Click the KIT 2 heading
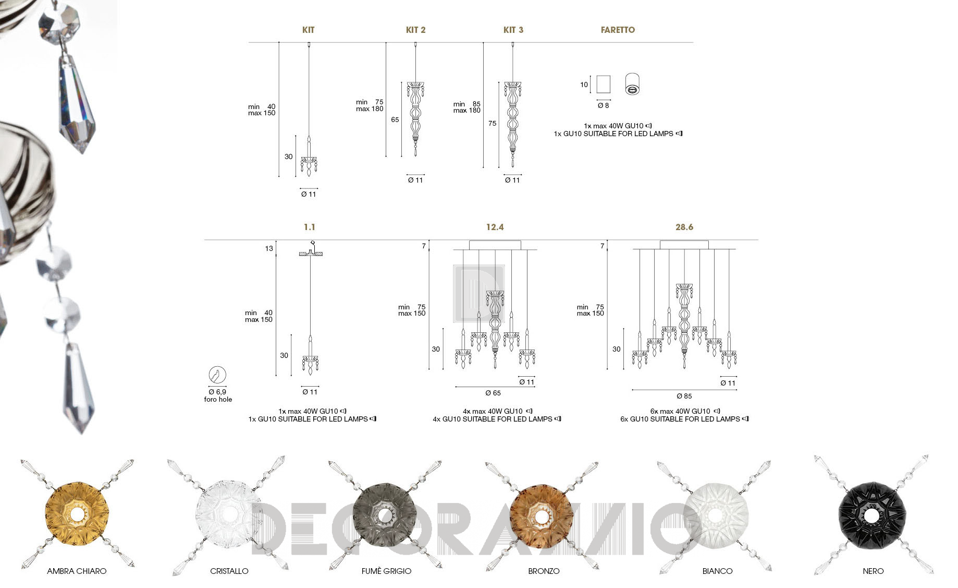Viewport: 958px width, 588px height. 415,30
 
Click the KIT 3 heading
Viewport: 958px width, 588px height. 513,30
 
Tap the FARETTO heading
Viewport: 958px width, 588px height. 618,30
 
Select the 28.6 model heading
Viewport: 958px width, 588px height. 684,227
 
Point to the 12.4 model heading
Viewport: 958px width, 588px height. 495,227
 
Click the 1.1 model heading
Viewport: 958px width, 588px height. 310,227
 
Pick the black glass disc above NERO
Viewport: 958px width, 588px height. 871,516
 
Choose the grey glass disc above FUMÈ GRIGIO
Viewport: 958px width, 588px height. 385,515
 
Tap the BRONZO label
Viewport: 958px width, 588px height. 544,571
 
